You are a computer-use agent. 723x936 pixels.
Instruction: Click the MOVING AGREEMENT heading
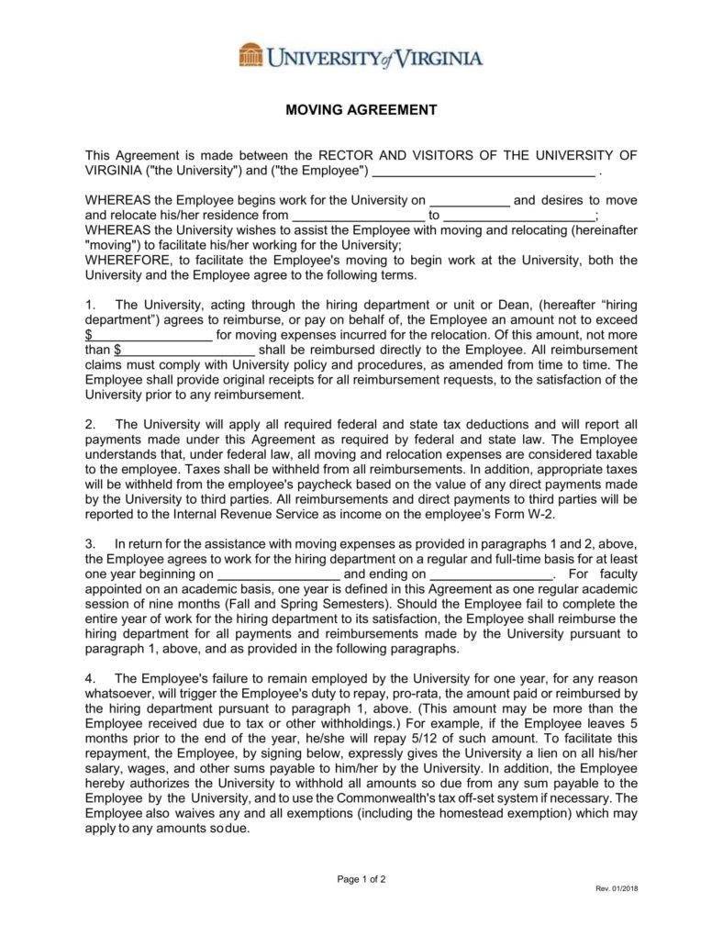point(361,110)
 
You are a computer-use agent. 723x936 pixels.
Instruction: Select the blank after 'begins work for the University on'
point(470,200)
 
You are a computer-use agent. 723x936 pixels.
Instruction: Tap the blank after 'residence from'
point(358,216)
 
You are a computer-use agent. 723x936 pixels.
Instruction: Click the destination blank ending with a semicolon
point(518,216)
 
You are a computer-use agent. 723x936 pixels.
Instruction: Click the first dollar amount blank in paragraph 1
point(151,334)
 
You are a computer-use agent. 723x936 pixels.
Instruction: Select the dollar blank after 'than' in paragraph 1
point(187,349)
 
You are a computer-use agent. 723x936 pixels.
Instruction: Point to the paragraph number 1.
point(89,305)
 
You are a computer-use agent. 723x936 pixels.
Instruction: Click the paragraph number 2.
point(89,424)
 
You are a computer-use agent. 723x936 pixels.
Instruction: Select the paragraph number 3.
point(89,543)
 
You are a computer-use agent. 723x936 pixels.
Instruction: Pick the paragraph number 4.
point(89,678)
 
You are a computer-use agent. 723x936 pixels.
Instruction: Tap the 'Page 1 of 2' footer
point(361,878)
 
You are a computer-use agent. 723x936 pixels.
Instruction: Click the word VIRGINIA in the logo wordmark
point(438,58)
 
